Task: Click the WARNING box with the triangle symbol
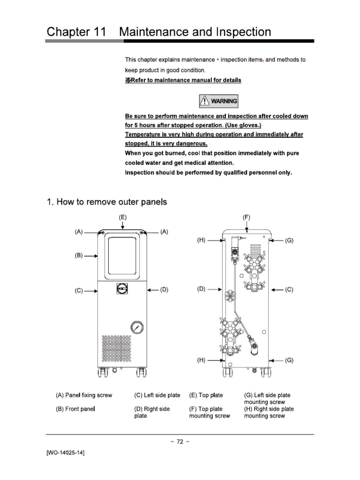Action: (x=218, y=101)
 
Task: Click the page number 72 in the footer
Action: (x=180, y=441)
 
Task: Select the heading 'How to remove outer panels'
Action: (x=107, y=202)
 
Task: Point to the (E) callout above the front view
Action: (x=122, y=217)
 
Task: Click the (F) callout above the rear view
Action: (x=247, y=217)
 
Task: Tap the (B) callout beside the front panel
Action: (x=78, y=256)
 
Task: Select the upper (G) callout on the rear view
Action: (x=289, y=240)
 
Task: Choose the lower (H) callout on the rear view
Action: (x=201, y=360)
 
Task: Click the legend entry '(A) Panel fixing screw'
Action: (x=84, y=395)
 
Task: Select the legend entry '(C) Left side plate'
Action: (x=157, y=395)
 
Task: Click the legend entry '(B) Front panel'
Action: (x=75, y=409)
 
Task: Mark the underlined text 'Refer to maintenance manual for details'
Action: (x=183, y=80)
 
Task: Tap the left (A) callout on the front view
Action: (x=78, y=232)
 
